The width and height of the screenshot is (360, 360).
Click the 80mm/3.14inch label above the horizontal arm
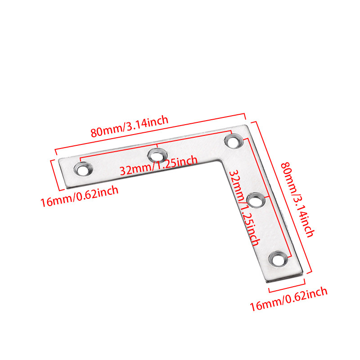pos(130,126)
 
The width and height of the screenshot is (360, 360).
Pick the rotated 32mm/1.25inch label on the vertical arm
pos(243,207)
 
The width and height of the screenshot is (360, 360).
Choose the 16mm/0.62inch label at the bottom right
pos(288,299)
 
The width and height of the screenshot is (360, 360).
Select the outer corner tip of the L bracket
pos(246,126)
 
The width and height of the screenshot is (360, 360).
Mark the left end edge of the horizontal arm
pos(63,173)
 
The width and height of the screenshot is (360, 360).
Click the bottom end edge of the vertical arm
pos(283,276)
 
